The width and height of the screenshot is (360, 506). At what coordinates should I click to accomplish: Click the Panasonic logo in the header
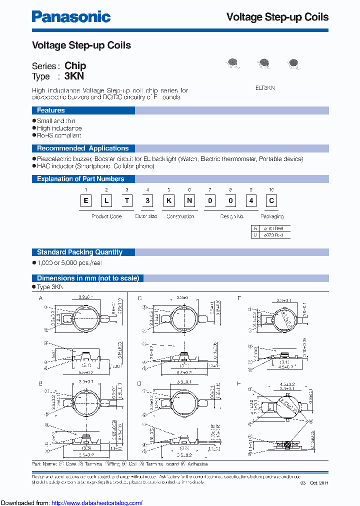pyautogui.click(x=71, y=16)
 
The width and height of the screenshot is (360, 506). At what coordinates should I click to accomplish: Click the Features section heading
pyautogui.click(x=51, y=110)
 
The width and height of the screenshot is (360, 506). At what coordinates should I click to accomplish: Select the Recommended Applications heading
pyautogui.click(x=82, y=148)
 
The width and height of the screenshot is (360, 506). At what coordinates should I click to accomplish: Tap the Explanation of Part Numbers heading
pyautogui.click(x=80, y=179)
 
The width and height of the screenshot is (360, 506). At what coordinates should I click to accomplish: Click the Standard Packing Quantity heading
pyautogui.click(x=79, y=252)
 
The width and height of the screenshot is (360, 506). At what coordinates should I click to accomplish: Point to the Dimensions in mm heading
pyautogui.click(x=88, y=278)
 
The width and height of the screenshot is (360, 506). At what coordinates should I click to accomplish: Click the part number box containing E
pyautogui.click(x=86, y=200)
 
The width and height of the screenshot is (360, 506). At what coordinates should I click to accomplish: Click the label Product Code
pyautogui.click(x=106, y=216)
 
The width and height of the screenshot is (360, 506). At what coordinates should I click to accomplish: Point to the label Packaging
pyautogui.click(x=272, y=216)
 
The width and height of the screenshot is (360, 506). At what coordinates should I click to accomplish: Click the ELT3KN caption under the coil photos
pyautogui.click(x=265, y=87)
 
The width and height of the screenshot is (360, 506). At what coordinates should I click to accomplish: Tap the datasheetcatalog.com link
pyautogui.click(x=97, y=502)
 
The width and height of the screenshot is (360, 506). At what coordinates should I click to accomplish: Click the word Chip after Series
pyautogui.click(x=75, y=65)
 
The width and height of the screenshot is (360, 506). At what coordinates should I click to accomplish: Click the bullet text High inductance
pyautogui.click(x=59, y=128)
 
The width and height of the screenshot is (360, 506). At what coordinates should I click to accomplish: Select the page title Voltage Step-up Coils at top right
pyautogui.click(x=277, y=17)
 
